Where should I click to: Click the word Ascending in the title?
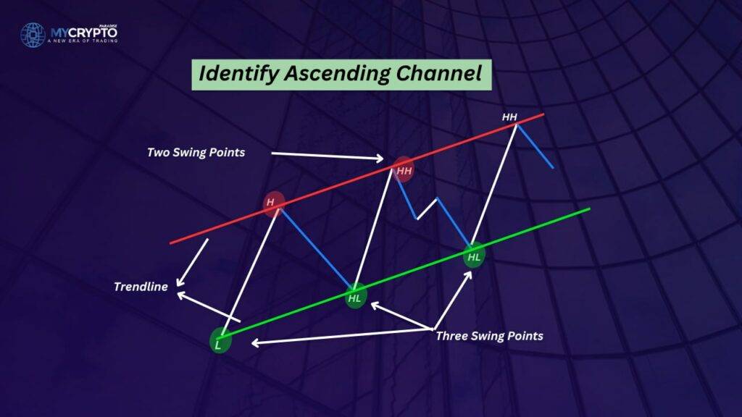(x=337, y=74)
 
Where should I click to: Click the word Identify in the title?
(x=238, y=75)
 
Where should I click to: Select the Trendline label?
(x=141, y=287)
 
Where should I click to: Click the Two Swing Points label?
(x=196, y=153)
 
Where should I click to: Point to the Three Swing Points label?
(x=489, y=336)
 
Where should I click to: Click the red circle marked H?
(x=273, y=203)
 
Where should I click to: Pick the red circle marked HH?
(x=403, y=169)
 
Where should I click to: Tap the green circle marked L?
(x=220, y=340)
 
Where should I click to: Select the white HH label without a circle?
(x=509, y=117)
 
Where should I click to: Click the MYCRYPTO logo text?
(x=84, y=33)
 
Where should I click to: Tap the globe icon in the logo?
(x=33, y=35)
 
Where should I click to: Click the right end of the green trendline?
(x=590, y=208)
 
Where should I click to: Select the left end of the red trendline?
(x=171, y=243)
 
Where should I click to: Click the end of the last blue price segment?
(x=553, y=168)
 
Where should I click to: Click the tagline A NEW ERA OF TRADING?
(x=83, y=41)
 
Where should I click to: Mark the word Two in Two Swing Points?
(x=158, y=152)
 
